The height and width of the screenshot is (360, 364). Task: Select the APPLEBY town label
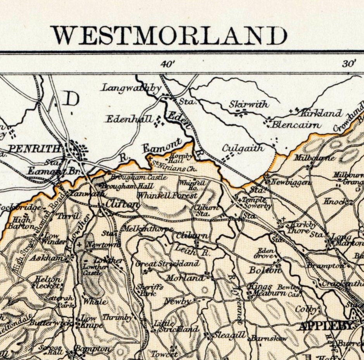pos(325,326)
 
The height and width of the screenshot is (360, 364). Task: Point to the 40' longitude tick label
pos(168,64)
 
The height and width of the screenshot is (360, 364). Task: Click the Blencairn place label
pos(296,125)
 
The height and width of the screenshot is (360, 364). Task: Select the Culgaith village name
pos(243,148)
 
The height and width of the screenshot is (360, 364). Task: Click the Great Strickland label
pos(167,264)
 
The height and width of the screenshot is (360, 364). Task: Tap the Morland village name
pos(185,278)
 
